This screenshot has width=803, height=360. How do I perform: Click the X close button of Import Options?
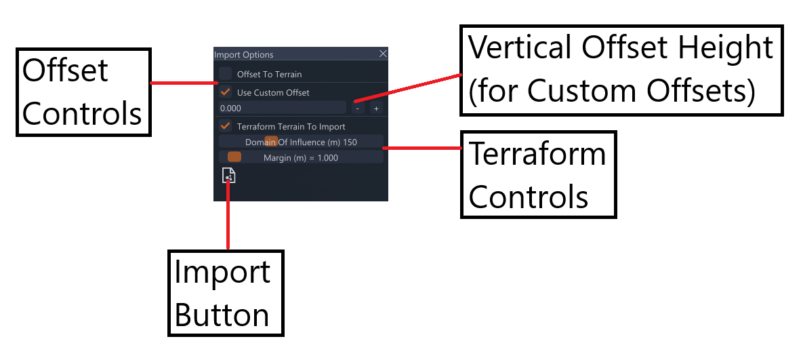383,54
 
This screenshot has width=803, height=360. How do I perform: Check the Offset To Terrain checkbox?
226,74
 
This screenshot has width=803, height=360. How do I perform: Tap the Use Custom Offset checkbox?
226,92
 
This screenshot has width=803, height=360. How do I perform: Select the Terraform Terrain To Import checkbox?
226,126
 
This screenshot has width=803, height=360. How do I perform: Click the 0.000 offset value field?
283,108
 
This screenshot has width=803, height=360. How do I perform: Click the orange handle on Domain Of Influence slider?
271,141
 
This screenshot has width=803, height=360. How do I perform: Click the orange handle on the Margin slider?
234,157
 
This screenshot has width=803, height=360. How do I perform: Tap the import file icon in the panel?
229,175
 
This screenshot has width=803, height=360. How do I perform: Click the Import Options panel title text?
244,55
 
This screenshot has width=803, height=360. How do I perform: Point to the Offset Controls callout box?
83,92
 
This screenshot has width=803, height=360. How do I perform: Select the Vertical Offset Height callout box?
621,70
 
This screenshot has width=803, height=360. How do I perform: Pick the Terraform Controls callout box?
538,175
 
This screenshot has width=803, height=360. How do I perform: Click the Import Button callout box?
226,293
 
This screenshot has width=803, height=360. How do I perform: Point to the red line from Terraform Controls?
422,148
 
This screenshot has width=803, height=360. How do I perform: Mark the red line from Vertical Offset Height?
408,88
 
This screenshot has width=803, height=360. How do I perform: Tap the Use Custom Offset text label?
273,93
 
